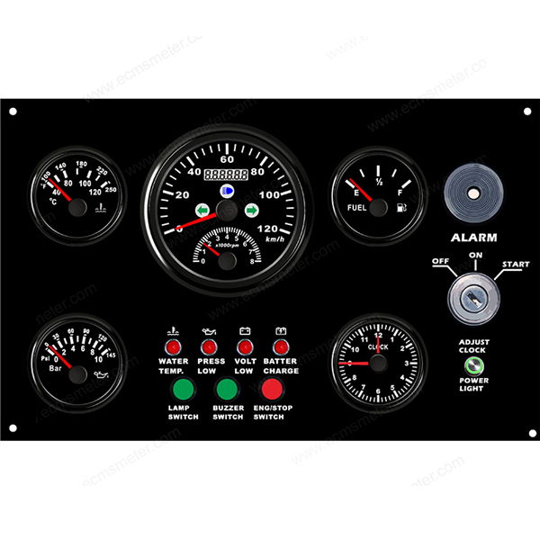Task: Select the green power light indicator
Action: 474,366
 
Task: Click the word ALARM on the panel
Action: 473,238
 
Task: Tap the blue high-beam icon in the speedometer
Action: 226,191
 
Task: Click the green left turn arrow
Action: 203,210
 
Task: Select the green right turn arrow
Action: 251,210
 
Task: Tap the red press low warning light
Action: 210,347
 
